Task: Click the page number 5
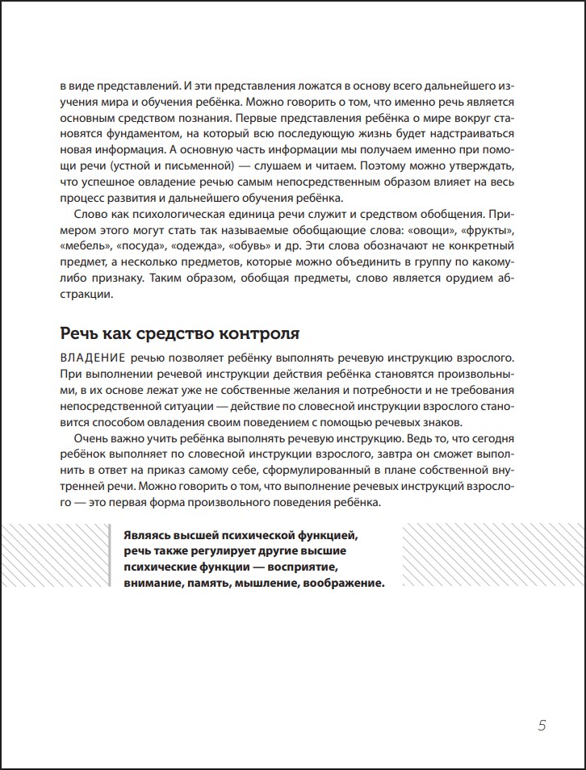click(542, 725)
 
